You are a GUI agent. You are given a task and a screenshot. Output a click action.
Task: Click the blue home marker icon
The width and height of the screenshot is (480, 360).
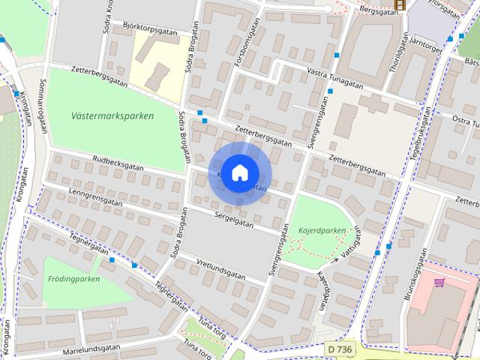click(x=239, y=172)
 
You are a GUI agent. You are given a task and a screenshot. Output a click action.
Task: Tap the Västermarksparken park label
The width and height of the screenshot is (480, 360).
click(x=113, y=116)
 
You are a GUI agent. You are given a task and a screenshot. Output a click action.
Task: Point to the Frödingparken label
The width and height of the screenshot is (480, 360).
click(x=74, y=279)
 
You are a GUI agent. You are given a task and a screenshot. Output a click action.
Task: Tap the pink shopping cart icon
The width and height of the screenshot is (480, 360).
click(x=439, y=282)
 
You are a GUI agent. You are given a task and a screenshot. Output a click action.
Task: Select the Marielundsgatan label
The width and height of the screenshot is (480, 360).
click(x=91, y=349)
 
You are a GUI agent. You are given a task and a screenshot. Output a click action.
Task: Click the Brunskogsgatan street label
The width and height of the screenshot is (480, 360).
click(x=417, y=278)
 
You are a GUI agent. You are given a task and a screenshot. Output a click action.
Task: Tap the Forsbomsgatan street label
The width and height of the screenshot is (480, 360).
click(x=240, y=43)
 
